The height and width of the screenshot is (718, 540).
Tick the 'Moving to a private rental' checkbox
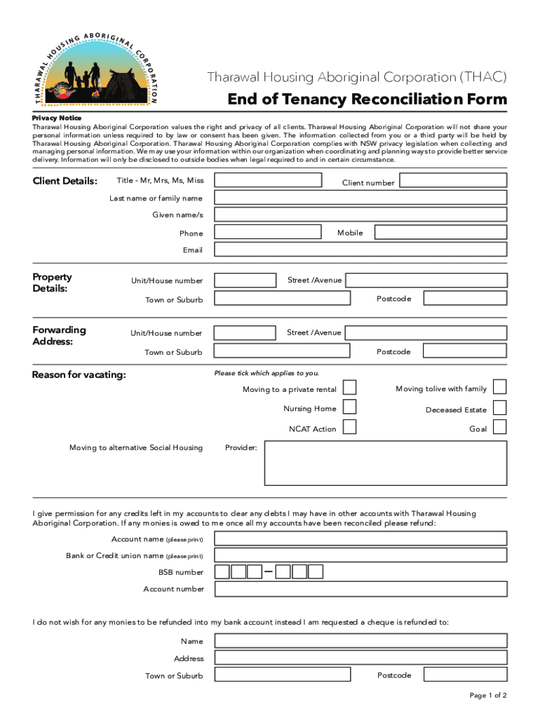[349, 388]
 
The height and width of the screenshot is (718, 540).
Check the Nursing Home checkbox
[349, 407]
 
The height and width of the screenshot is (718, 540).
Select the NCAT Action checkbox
[349, 427]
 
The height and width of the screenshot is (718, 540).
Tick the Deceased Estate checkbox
[499, 407]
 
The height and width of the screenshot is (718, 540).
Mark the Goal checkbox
[499, 427]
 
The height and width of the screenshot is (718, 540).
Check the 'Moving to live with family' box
[499, 387]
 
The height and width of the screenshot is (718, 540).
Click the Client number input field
[453, 180]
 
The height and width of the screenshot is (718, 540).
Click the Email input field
[360, 250]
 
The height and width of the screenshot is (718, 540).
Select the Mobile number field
[440, 232]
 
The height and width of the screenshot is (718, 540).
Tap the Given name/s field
[360, 215]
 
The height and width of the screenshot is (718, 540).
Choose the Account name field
[360, 538]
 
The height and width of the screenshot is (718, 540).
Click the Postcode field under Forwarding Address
[465, 351]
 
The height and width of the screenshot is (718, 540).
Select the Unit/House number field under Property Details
[245, 280]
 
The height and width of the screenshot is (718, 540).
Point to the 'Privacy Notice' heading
[57, 118]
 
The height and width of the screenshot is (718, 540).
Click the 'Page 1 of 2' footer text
[488, 696]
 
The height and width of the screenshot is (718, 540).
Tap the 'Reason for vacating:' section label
[79, 375]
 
